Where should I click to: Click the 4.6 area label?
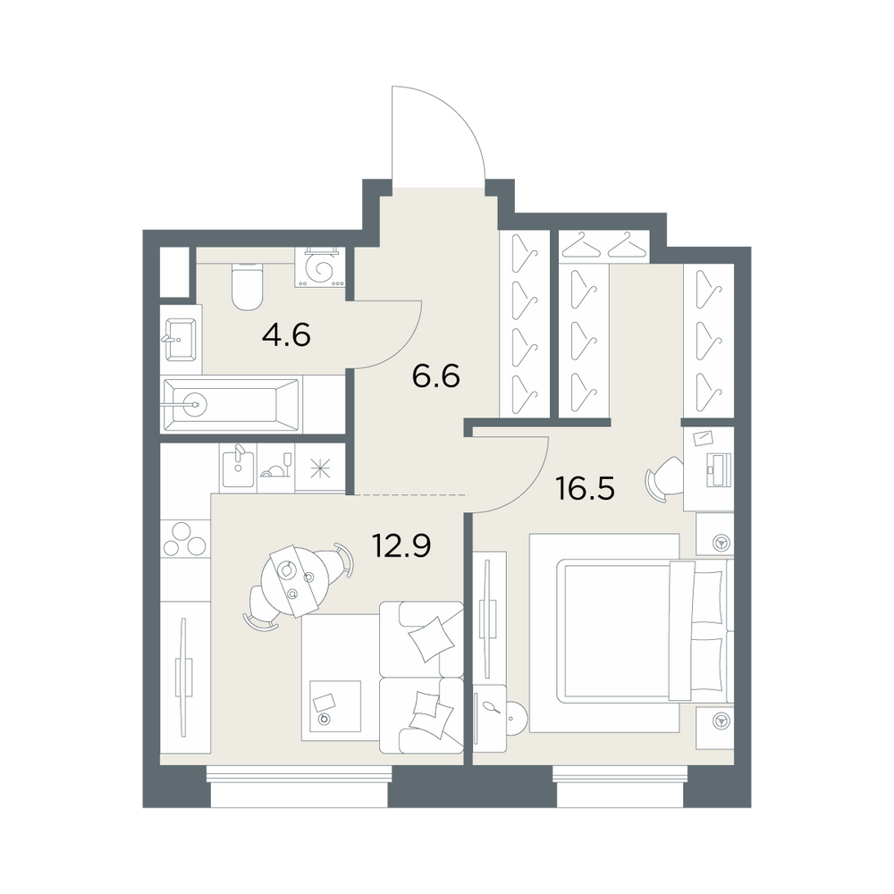[286, 335]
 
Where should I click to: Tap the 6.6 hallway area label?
[435, 377]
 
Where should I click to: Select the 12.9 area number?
[401, 545]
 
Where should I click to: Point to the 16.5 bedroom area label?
[586, 489]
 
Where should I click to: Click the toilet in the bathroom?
[247, 286]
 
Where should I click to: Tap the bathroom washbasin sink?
[181, 340]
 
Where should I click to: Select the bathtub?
[231, 405]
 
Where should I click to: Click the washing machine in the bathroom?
[320, 266]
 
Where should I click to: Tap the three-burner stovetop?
[184, 539]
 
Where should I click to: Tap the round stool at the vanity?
[518, 720]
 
